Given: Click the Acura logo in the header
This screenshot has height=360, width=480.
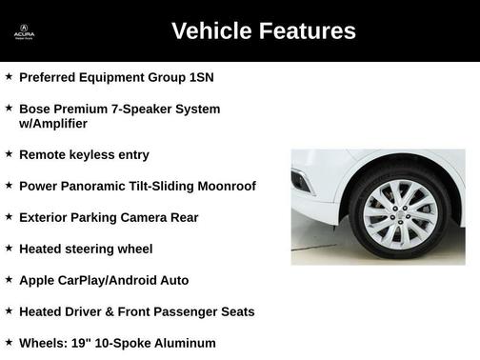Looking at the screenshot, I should [24, 30].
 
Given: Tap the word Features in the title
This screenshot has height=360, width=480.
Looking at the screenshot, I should [308, 30].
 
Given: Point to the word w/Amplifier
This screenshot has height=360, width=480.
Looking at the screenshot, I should [52, 124].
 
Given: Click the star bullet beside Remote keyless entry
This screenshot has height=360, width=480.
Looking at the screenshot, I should [9, 153].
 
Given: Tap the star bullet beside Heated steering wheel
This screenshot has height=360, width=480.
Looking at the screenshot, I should [9, 248].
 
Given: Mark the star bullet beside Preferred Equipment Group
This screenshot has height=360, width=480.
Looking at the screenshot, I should [9, 75].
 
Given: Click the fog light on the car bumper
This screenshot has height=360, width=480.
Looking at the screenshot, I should [300, 181].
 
